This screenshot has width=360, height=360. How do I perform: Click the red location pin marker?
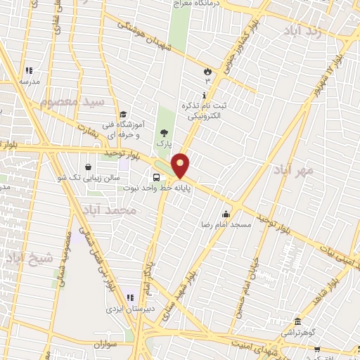pyautogui.click(x=181, y=165)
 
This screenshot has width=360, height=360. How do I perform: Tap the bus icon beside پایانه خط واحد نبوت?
pyautogui.click(x=156, y=177)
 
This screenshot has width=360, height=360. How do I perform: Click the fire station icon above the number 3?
pyautogui.click(x=207, y=72)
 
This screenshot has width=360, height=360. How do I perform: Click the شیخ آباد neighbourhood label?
pyautogui.click(x=30, y=258)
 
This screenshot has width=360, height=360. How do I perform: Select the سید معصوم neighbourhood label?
pyautogui.click(x=72, y=102)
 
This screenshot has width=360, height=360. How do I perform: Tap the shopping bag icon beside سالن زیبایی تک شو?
pyautogui.click(x=88, y=167)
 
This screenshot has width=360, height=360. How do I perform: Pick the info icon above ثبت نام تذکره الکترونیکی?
pyautogui.click(x=205, y=95)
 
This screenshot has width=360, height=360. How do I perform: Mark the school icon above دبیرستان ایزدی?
pyautogui.click(x=129, y=297)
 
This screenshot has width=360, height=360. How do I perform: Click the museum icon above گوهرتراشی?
pyautogui.click(x=298, y=320)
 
